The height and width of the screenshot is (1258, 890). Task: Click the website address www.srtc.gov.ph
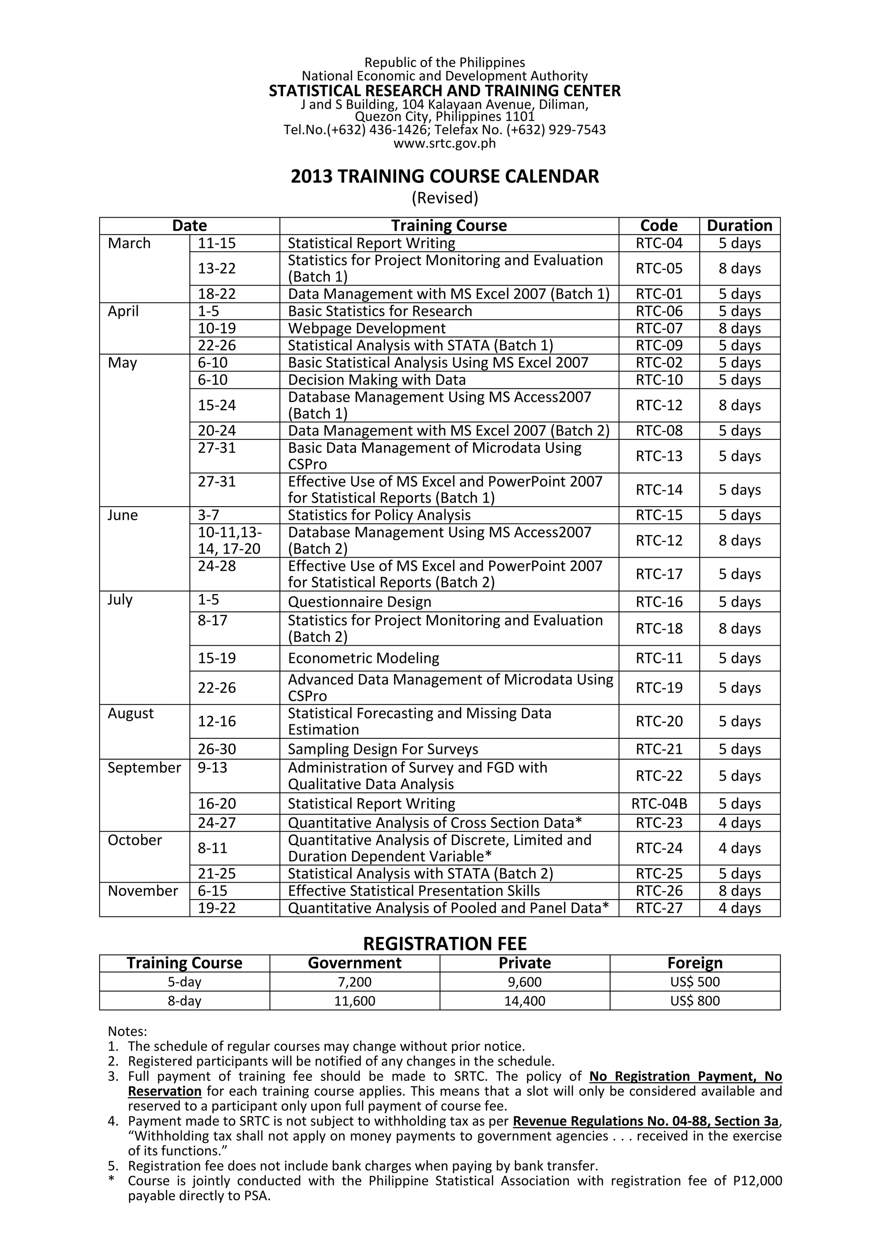[x=445, y=143]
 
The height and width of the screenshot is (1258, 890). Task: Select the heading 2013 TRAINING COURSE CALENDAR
[x=445, y=176]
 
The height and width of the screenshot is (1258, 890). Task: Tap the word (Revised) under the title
[x=445, y=198]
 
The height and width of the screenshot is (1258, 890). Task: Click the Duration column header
[x=739, y=226]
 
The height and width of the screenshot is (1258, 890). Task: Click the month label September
[x=144, y=768]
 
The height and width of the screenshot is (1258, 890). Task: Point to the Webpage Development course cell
[x=367, y=328]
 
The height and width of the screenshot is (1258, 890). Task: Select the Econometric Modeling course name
[x=363, y=658]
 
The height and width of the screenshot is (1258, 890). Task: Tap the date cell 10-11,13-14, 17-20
[x=229, y=540]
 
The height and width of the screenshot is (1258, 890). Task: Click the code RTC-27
[x=659, y=908]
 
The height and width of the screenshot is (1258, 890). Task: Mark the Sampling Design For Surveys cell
[x=382, y=749]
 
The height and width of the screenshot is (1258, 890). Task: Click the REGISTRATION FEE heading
[x=445, y=943]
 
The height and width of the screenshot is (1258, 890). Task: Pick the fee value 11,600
[x=355, y=1001]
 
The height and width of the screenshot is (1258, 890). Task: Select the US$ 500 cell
[x=694, y=982]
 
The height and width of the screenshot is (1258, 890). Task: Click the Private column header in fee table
[x=525, y=963]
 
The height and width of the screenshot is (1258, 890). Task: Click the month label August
[x=130, y=714]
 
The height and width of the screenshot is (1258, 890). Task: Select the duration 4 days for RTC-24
[x=739, y=848]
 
